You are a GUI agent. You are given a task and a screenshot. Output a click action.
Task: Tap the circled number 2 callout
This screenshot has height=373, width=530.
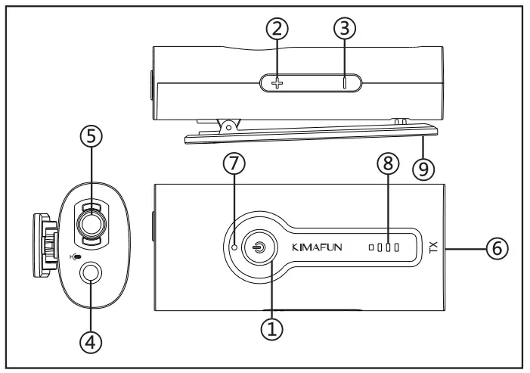click(x=277, y=30)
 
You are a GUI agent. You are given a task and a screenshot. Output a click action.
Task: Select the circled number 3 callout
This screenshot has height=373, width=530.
click(x=344, y=30)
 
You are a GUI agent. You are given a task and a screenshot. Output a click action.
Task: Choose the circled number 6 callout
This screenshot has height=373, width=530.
click(x=497, y=247)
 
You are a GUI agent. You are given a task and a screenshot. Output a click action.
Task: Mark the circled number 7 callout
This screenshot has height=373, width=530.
click(x=235, y=164)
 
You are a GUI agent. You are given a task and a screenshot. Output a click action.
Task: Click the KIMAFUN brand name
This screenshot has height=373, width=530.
click(x=317, y=247)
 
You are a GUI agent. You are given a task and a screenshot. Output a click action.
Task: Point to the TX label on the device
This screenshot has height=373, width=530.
click(x=433, y=247)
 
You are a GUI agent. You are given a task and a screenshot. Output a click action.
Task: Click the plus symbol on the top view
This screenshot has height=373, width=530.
click(x=277, y=82)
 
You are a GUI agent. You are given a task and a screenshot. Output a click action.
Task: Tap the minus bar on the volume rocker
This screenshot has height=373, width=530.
click(x=344, y=82)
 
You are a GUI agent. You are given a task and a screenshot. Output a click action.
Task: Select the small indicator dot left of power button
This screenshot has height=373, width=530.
click(x=235, y=247)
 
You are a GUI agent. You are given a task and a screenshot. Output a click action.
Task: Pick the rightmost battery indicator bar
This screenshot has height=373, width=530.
click(x=395, y=247)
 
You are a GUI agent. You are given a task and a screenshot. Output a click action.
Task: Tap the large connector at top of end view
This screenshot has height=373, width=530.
click(x=91, y=225)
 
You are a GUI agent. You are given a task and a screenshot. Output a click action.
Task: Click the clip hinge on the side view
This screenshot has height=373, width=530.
click(x=227, y=123)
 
